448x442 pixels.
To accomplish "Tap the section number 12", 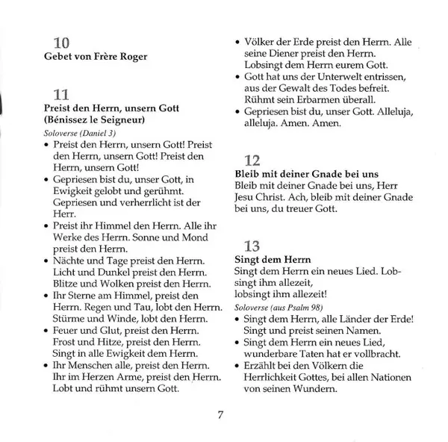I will tap(253, 161).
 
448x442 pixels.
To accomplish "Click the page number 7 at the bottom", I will tap(221, 416).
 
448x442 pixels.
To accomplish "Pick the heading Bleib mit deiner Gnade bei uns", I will tap(306, 174).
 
